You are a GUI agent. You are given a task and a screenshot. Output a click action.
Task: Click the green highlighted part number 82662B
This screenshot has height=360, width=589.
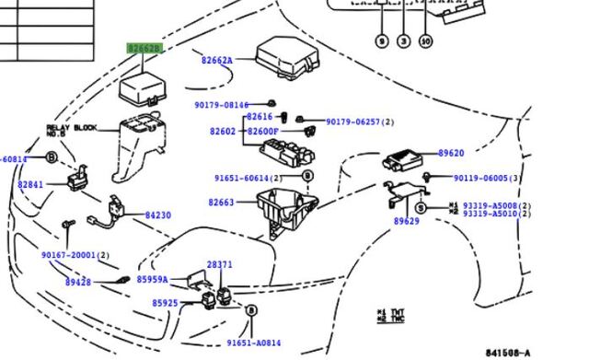click(x=144, y=48)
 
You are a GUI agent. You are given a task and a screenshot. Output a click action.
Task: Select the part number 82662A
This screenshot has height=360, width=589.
click(x=216, y=61)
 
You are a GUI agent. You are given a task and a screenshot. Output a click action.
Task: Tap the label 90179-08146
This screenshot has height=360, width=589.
click(x=221, y=106)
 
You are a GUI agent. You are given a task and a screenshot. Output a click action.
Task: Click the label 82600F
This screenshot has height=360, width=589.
click(x=262, y=132)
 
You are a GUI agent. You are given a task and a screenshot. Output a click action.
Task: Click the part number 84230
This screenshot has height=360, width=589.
click(x=157, y=215)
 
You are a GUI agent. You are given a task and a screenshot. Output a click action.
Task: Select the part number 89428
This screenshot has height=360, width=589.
click(x=77, y=285)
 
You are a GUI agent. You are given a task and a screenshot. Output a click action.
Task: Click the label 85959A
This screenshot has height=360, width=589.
click(x=153, y=279)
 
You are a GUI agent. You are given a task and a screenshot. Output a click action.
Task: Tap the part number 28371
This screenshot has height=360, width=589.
click(x=219, y=264)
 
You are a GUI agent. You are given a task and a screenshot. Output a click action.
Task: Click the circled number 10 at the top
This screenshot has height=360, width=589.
click(x=424, y=41)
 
